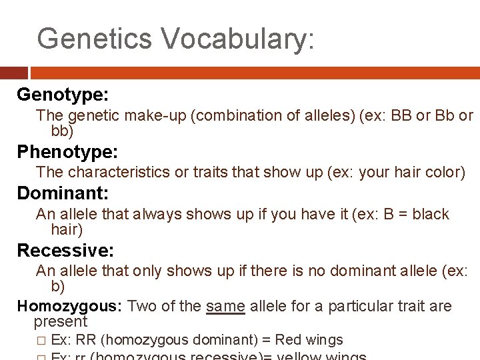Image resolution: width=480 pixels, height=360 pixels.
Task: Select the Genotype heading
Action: (x=63, y=95)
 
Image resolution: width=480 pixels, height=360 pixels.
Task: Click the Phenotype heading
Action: (x=67, y=152)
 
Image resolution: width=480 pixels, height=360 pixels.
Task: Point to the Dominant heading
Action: (x=62, y=194)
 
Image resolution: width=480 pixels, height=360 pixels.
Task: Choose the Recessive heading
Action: (x=65, y=251)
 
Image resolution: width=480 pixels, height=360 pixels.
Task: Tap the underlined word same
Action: (x=226, y=306)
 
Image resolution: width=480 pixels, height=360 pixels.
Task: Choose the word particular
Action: (x=358, y=306)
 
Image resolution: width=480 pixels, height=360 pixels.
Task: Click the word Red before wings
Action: (x=287, y=340)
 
